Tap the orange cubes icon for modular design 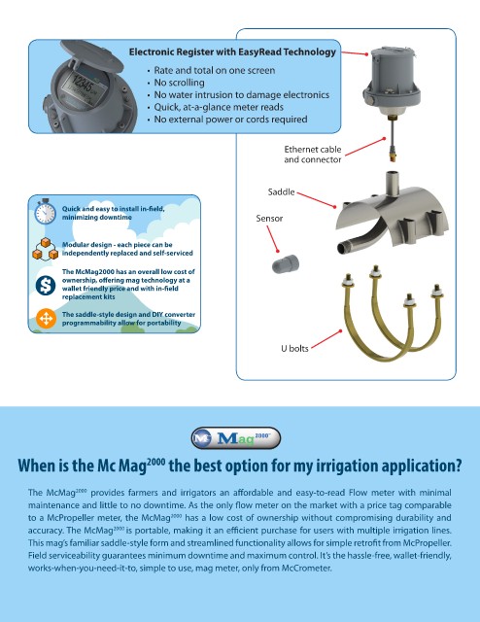[46, 249]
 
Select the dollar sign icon [46, 285]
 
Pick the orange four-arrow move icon [46, 319]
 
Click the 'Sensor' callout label [269, 218]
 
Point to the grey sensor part [286, 263]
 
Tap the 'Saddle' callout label [281, 192]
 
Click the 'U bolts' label [294, 348]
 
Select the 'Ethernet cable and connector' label [313, 155]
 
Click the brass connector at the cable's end [392, 155]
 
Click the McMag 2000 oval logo [236, 438]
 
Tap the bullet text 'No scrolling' [180, 83]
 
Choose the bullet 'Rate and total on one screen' [214, 70]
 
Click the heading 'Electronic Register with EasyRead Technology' [232, 52]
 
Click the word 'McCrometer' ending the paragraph [306, 568]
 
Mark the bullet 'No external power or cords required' [230, 120]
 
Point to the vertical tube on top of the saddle [393, 184]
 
